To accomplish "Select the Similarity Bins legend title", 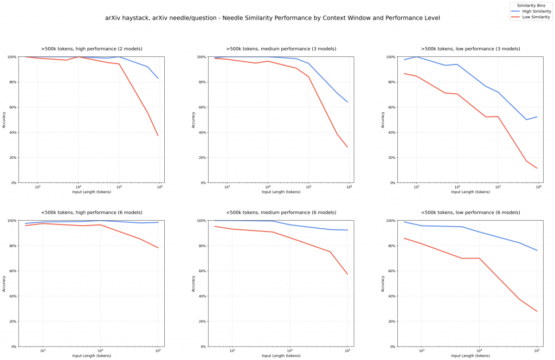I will coord(531,5).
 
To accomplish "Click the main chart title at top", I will coord(273,18).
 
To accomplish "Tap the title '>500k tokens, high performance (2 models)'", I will coord(91,49).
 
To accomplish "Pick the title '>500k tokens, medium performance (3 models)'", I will coord(281,49).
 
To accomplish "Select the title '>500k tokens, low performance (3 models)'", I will coord(470,49).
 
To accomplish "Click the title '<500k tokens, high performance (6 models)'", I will coord(91,213).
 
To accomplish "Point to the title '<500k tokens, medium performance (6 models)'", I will coord(281,213).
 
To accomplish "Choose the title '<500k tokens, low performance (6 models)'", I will coord(470,213).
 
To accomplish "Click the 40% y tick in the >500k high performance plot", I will coord(12,132).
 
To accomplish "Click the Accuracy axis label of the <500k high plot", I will coord(4,284).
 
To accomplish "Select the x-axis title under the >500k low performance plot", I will coord(470,192).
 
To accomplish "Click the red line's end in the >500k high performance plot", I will coord(158,136).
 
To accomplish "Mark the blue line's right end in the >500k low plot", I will coord(537,117).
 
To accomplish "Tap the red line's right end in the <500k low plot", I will coord(537,311).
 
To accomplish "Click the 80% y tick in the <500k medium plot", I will coord(202,246).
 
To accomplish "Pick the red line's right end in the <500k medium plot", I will coord(347,274).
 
